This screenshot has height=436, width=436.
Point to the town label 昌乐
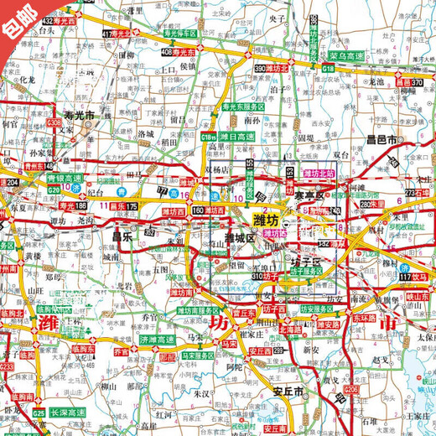[122, 236]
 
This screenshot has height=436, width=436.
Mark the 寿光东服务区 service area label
[243, 108]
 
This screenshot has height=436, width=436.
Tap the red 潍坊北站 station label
[319, 173]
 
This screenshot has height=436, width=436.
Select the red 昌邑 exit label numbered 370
[405, 82]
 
